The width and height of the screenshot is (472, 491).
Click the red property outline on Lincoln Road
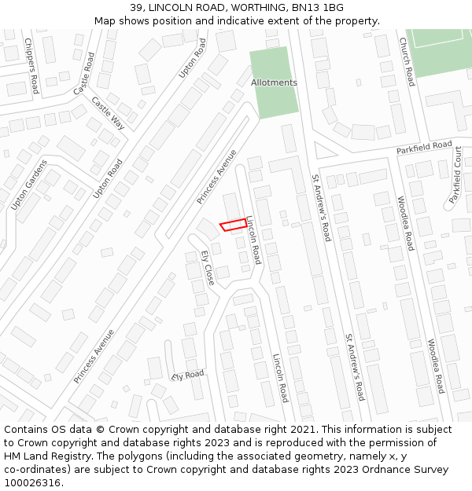click(x=232, y=225)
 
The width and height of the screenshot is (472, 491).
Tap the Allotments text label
click(x=274, y=82)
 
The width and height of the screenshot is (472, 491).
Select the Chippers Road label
click(x=31, y=65)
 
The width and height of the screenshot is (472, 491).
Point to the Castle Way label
click(x=109, y=113)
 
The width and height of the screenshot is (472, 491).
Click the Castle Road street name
click(x=84, y=74)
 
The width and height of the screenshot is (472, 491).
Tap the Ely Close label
click(x=208, y=268)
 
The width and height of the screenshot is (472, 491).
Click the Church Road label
click(x=406, y=61)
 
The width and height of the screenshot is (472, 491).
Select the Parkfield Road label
click(x=424, y=148)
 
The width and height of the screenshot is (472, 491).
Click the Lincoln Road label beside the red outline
click(x=253, y=240)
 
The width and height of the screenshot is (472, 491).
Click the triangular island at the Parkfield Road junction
click(x=321, y=149)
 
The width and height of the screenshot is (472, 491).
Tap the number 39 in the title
click(x=136, y=7)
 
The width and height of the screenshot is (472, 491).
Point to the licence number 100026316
click(x=33, y=482)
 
